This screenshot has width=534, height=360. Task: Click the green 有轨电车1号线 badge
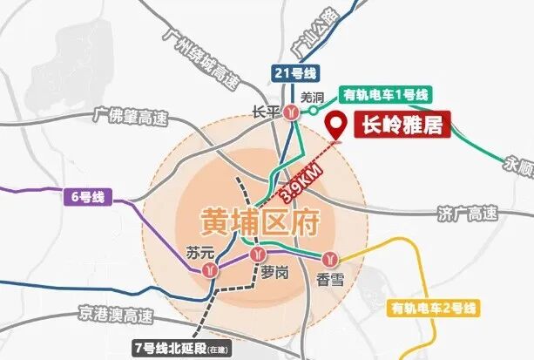tap(387, 95)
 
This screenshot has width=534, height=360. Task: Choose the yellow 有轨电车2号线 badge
tap(434, 308)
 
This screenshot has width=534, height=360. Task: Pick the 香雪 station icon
tap(330, 259)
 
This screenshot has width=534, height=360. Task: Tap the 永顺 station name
tap(519, 165)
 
